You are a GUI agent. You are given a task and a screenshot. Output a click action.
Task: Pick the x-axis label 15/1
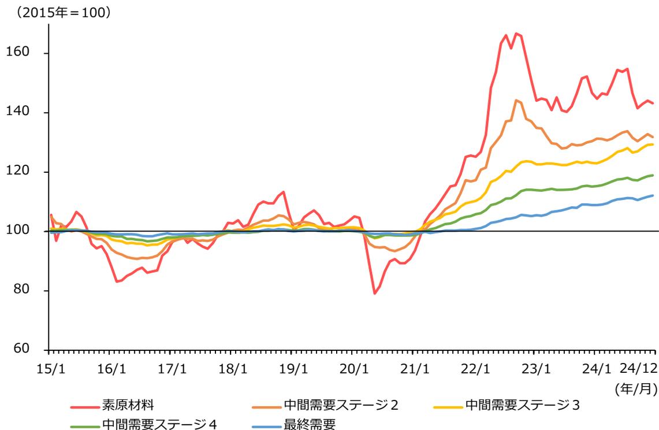[x=50, y=368]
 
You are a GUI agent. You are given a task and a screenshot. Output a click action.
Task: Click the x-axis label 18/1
[x=231, y=368]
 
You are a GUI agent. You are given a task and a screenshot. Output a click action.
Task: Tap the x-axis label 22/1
[x=474, y=368]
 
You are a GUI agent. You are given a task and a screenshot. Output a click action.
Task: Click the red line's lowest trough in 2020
[x=374, y=294]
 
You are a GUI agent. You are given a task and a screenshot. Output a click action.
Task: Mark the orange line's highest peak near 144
[x=516, y=100]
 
